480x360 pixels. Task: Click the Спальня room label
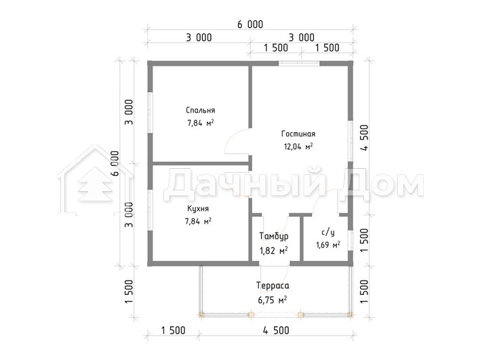(201, 111)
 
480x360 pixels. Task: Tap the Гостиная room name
(298, 134)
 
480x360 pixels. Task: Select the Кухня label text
(198, 209)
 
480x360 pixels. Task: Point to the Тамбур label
(274, 237)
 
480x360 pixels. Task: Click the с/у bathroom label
(328, 233)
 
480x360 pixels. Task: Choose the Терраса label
(273, 285)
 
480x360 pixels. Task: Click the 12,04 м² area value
(298, 146)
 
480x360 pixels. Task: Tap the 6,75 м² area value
(273, 300)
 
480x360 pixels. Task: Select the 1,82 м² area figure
(274, 251)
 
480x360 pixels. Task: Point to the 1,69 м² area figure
(328, 245)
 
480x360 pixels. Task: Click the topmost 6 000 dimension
(250, 24)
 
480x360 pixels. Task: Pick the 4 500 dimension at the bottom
(276, 331)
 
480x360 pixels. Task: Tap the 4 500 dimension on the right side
(365, 138)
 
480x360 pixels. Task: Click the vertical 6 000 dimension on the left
(115, 163)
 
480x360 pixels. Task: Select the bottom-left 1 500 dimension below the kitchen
(173, 331)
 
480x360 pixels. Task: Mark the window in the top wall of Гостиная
(299, 63)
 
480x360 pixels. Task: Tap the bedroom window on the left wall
(150, 113)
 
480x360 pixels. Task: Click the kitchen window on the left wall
(150, 210)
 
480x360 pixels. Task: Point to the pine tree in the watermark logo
(95, 185)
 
